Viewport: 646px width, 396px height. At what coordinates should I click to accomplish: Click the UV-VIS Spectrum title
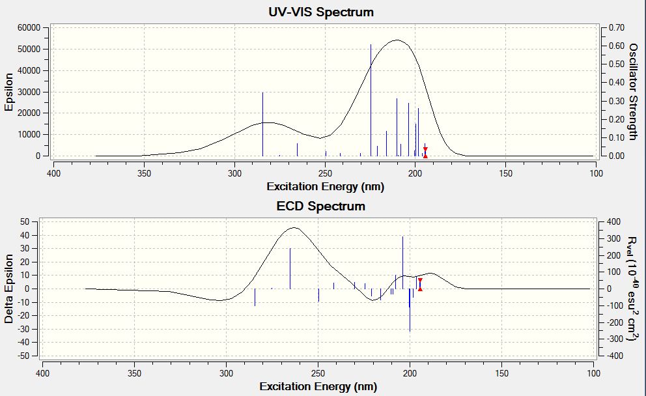pyautogui.click(x=322, y=12)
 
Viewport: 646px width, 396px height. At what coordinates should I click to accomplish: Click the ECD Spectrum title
pyautogui.click(x=322, y=206)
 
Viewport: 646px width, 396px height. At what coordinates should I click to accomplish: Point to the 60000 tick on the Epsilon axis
pyautogui.click(x=29, y=28)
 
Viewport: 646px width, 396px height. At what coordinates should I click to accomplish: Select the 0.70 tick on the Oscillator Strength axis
pyautogui.click(x=616, y=28)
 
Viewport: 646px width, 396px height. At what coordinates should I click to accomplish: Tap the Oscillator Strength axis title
pyautogui.click(x=632, y=92)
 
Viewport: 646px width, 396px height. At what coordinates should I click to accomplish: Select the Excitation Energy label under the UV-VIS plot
pyautogui.click(x=325, y=187)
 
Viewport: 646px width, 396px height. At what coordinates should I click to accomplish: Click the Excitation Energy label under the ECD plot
pyautogui.click(x=318, y=387)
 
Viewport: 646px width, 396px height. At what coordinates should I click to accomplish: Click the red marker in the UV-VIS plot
pyautogui.click(x=425, y=152)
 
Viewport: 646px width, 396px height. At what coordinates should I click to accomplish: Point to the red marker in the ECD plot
pyautogui.click(x=420, y=285)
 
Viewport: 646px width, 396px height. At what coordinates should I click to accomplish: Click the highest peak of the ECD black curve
pyautogui.click(x=294, y=227)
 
